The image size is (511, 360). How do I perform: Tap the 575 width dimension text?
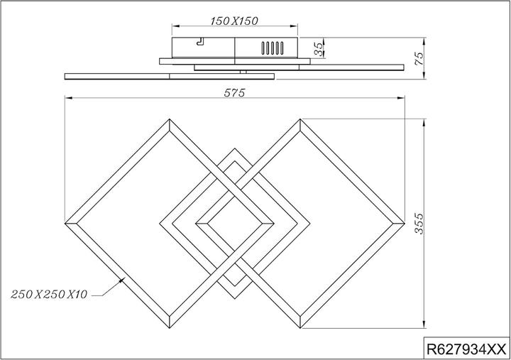tap(234, 93)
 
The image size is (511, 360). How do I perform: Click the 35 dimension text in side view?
tap(319, 49)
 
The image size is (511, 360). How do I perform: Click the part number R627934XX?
tap(465, 349)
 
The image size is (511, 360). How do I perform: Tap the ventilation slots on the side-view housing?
tap(273, 49)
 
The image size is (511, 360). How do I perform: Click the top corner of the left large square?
tap(169, 120)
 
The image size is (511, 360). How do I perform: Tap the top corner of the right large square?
tap(301, 120)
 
